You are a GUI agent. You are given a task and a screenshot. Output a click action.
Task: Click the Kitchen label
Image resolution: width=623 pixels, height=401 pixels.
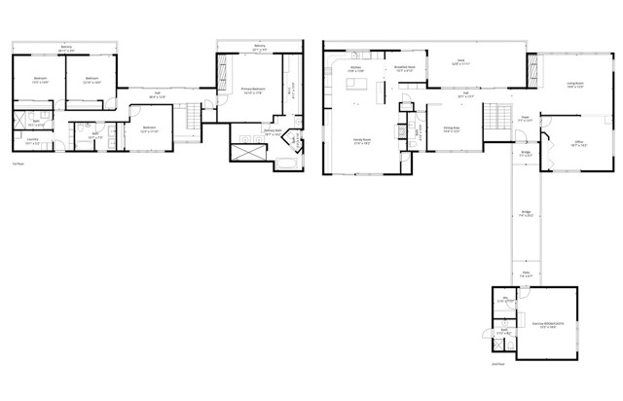(x=355, y=70)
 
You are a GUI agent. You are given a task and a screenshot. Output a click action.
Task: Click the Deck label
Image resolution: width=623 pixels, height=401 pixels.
(x=461, y=61)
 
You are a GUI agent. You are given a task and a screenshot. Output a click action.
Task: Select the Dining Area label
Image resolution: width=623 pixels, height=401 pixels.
(x=452, y=129)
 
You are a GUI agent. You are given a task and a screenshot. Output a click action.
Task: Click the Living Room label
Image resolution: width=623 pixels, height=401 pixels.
(x=575, y=85)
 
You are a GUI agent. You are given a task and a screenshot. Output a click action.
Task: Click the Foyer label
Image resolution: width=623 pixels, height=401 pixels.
(x=524, y=120)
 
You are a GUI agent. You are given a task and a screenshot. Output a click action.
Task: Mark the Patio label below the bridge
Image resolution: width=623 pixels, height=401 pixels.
(x=525, y=275)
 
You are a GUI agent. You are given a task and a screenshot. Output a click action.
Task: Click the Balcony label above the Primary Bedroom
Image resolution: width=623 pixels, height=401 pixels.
(x=260, y=47)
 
